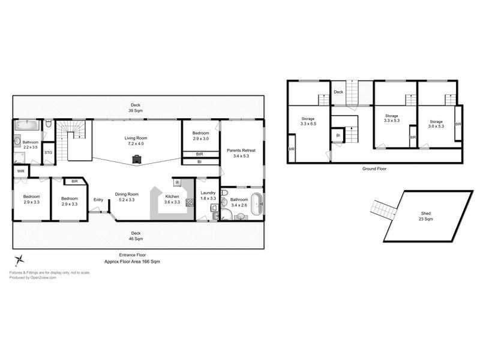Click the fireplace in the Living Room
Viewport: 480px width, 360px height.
coord(137,159)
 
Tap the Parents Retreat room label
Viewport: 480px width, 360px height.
coord(242,153)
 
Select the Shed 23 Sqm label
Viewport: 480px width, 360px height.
coord(425,217)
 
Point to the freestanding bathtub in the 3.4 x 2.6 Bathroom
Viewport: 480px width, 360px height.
coord(257,205)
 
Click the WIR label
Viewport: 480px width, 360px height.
coord(21,171)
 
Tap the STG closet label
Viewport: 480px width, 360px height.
coord(48,152)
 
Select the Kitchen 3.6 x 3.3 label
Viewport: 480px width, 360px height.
coord(172,199)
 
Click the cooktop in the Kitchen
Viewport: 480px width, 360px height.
coord(190,202)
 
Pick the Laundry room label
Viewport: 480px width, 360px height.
coord(208,194)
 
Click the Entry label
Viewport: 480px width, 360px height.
coord(98,200)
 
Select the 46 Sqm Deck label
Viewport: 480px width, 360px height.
coord(136,236)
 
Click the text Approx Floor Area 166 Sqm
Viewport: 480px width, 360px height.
coord(132,262)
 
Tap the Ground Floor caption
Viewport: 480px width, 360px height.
coord(374,169)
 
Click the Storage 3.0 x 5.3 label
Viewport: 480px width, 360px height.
coord(436,124)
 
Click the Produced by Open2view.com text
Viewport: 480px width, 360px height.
coord(32,278)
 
